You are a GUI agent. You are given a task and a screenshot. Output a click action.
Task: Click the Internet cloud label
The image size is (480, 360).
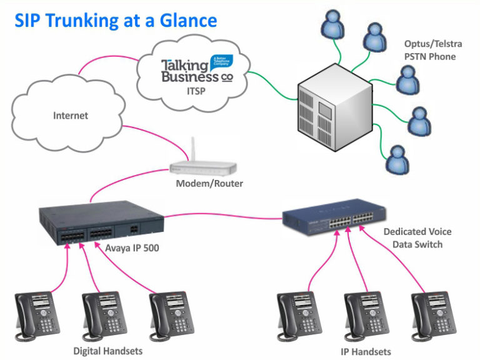coord(71,116)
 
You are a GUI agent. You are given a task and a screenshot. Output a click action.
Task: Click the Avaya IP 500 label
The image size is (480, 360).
coord(132,248)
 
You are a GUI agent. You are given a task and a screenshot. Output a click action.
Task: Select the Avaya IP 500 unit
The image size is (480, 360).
coord(100,222)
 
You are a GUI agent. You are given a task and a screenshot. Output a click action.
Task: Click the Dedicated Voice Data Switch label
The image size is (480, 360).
coord(417,238)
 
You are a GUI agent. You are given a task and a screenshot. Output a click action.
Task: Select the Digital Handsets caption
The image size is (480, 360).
coord(107,351)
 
